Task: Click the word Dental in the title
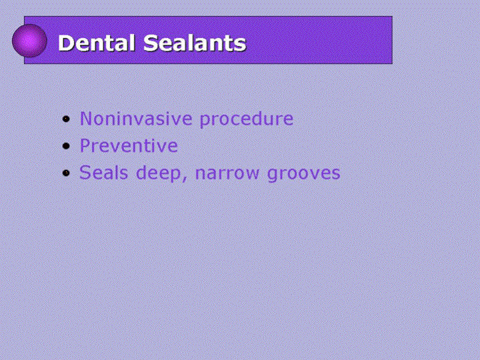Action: (97, 43)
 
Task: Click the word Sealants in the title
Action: (195, 43)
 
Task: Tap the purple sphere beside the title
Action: (29, 41)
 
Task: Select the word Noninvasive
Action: (136, 119)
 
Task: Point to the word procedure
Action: (247, 119)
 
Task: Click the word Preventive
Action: (129, 145)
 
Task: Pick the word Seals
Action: (103, 173)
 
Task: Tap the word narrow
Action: (227, 173)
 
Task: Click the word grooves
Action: (304, 173)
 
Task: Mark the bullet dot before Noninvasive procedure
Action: (66, 119)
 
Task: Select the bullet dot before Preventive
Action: (66, 146)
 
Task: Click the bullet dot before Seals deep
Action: (66, 173)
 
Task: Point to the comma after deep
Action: (184, 179)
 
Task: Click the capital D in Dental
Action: (65, 43)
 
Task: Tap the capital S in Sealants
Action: (150, 43)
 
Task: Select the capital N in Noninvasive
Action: (86, 119)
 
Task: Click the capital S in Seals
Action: (85, 173)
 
